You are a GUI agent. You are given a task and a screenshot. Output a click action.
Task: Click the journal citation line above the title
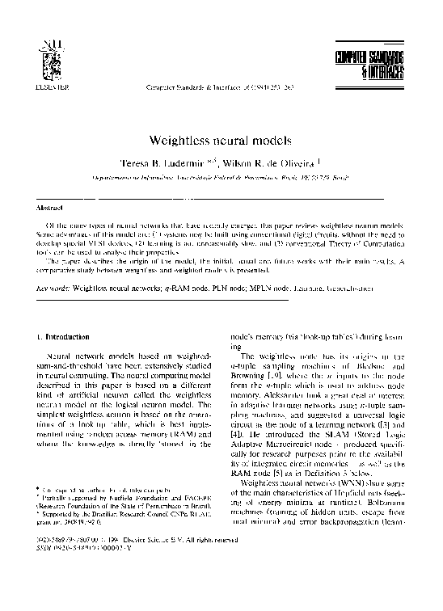(x=219, y=84)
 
